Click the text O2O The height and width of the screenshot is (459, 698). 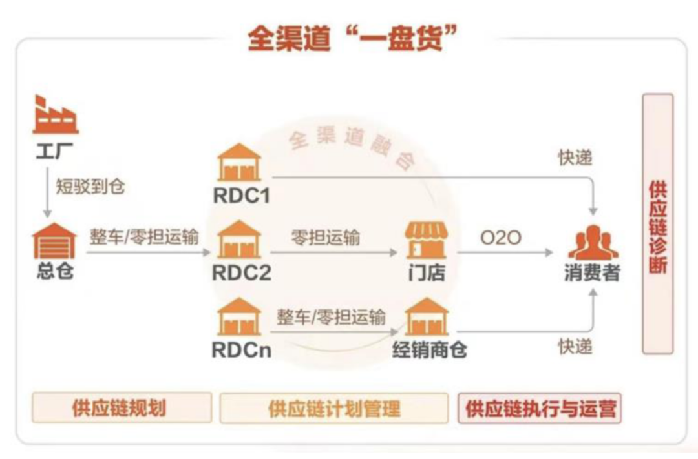point(501,238)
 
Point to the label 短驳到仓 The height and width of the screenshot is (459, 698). point(90,187)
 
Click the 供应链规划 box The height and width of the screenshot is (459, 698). point(122,408)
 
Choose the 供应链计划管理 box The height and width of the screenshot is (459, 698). point(333,408)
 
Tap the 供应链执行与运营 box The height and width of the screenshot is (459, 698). point(540,408)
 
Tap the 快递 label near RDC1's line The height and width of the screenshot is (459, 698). point(575,158)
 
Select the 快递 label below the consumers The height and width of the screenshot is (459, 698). point(575,347)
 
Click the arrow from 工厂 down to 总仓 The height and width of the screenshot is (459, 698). point(47,194)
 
